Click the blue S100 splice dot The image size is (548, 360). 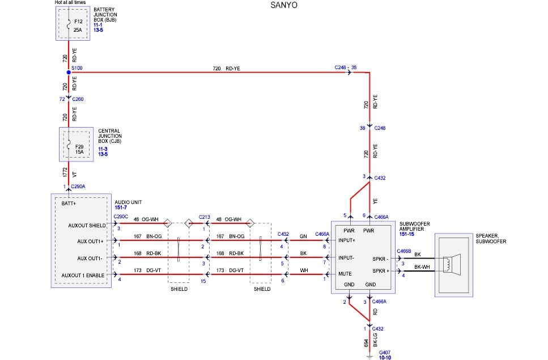[x=69, y=72]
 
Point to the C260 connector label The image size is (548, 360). [x=78, y=99]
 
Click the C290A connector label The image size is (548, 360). [x=78, y=186]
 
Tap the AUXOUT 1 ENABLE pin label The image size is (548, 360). [x=83, y=276]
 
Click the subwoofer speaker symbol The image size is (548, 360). [x=453, y=264]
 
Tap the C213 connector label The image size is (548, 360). [x=205, y=217]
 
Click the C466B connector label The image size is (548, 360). [x=404, y=250]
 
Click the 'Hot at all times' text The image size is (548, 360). [x=70, y=3]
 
